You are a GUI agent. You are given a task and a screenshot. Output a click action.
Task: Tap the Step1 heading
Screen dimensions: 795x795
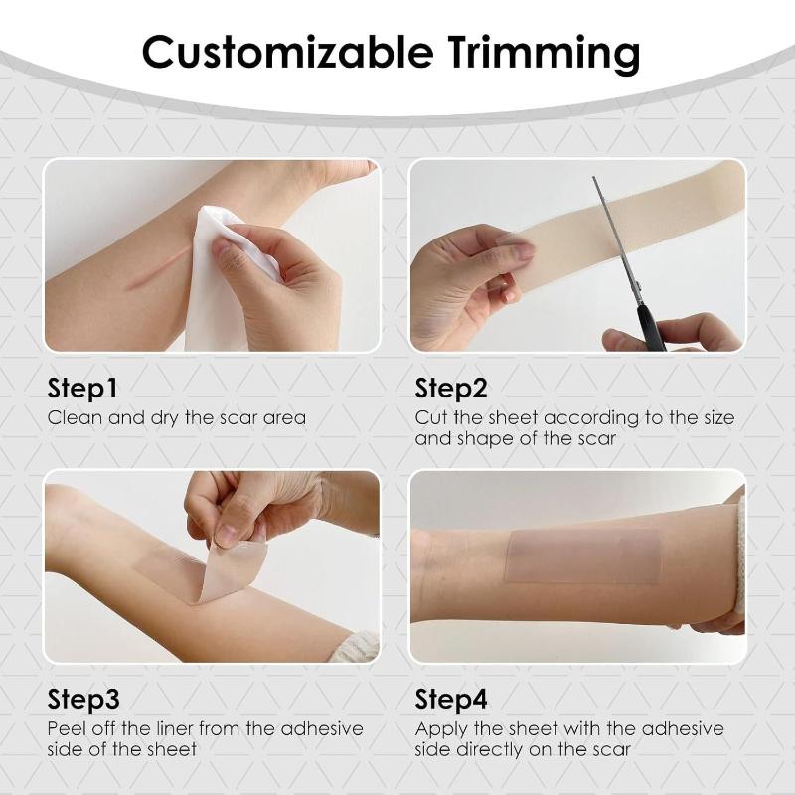88,387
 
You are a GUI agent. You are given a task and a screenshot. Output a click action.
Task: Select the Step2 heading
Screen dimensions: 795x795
456,387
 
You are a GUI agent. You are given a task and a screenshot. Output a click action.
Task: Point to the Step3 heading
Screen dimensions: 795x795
89,699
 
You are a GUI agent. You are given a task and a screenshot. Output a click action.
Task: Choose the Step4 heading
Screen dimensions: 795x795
457,699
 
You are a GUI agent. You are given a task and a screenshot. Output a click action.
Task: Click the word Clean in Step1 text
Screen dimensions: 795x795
74,418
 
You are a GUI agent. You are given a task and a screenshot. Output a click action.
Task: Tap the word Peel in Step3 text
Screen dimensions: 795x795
70,729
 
